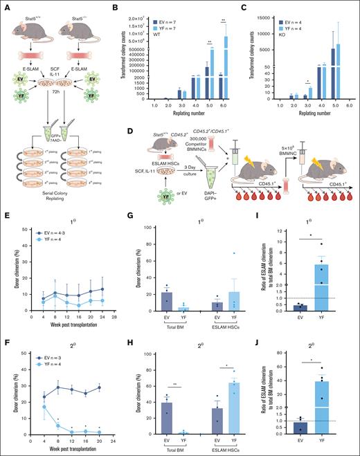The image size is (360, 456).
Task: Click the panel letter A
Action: point(5,5)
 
